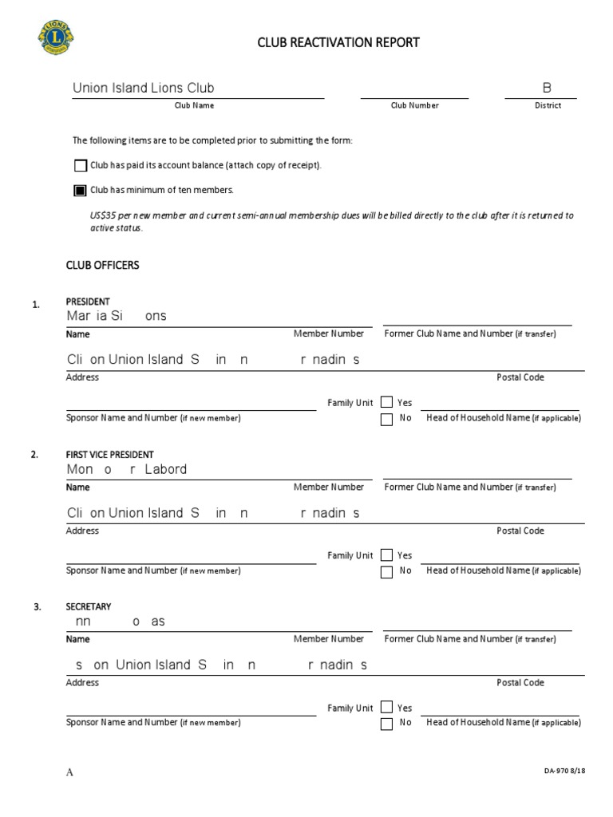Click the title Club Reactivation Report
(338, 42)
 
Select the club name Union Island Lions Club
(143, 88)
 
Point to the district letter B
(548, 88)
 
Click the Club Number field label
(414, 105)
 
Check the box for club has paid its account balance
(80, 166)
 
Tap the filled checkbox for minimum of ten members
(80, 191)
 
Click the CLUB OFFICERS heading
(102, 265)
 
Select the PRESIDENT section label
(88, 302)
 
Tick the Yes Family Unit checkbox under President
(386, 402)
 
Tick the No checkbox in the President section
(386, 419)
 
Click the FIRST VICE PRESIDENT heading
(110, 455)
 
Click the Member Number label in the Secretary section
(328, 639)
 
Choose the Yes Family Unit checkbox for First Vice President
(386, 555)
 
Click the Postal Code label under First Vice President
(520, 531)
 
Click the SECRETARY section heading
(89, 606)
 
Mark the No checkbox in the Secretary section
(386, 724)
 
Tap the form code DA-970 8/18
(564, 771)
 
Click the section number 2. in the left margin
(34, 455)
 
